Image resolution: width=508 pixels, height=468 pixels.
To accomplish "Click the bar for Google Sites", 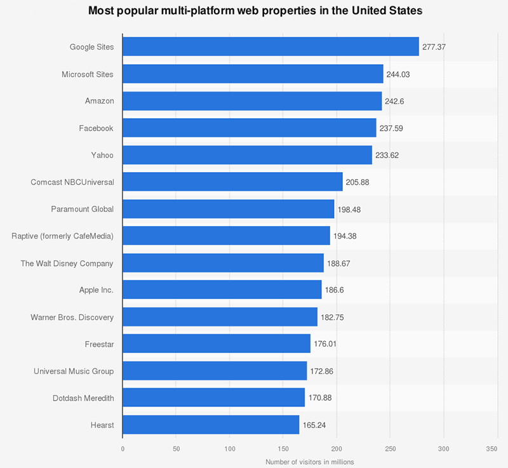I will [271, 47].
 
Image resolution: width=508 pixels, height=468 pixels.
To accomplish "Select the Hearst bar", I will [211, 425].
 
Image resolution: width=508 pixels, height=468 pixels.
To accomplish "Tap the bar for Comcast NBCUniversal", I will [232, 182].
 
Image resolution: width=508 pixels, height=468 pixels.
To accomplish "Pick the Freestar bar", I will [217, 344].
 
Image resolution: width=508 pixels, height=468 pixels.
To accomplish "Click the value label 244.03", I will [398, 74].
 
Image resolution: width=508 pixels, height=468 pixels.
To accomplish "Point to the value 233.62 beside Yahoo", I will [387, 156].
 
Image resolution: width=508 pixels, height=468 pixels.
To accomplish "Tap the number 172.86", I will [321, 371].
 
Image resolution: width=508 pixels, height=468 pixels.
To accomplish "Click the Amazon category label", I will [99, 101].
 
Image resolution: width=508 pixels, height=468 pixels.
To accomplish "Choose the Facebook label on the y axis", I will [96, 128].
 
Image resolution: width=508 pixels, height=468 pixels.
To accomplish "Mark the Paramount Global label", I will [82, 209].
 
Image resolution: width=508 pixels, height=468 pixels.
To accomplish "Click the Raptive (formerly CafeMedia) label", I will [62, 236].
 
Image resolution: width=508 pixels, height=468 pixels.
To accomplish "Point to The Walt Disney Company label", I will [67, 264].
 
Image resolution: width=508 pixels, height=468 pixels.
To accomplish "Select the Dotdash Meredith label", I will [83, 398].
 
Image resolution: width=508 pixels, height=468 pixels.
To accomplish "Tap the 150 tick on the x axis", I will [283, 448].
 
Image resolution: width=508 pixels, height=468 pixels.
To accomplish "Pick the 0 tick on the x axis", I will [123, 448].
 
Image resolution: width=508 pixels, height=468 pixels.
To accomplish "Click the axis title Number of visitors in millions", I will [309, 462].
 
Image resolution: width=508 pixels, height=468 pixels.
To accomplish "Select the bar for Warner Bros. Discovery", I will [220, 317].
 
